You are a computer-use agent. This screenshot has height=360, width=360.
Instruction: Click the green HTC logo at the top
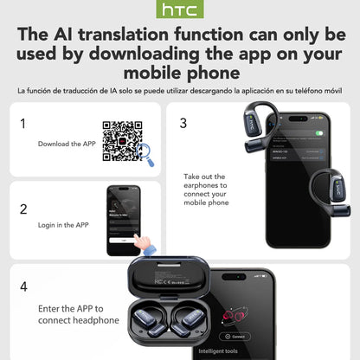(x=180, y=11)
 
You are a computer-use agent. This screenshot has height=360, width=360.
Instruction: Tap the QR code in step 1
(x=119, y=139)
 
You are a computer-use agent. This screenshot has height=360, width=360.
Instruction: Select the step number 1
(x=22, y=123)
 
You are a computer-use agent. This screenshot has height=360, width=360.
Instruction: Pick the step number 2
(x=22, y=209)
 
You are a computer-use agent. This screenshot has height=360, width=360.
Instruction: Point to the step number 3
(x=183, y=123)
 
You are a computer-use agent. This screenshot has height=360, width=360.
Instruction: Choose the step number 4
(x=23, y=286)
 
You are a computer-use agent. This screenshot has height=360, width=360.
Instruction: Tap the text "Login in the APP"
(x=63, y=225)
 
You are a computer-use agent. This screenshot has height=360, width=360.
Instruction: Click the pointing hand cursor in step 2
(x=139, y=243)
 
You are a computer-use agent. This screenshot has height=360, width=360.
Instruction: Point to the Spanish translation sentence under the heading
(x=180, y=89)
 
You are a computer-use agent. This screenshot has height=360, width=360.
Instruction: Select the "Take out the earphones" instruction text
(x=206, y=190)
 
